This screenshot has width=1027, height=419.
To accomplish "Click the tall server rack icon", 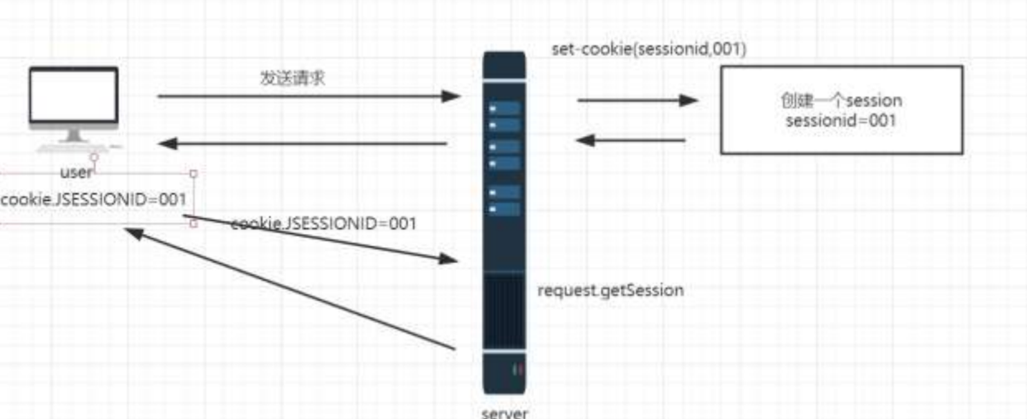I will [504, 221].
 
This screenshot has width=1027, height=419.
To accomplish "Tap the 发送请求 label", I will [292, 79].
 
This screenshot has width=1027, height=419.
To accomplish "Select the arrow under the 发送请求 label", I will [308, 96].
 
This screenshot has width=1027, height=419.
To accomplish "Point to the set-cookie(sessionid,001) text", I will [649, 50].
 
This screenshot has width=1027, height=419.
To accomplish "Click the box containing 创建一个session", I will [841, 109].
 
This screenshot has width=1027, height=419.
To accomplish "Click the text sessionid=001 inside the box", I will [841, 121].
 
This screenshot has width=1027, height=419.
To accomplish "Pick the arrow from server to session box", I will [637, 101].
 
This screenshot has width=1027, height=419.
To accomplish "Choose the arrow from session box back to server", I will [631, 140].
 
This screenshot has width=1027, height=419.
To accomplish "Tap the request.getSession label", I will [611, 290].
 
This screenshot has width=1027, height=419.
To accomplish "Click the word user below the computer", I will [76, 173].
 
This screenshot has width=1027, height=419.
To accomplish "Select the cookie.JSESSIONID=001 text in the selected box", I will [94, 199].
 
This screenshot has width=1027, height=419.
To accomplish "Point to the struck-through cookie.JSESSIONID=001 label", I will [324, 224].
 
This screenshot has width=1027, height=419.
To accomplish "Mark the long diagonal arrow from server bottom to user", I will [290, 289].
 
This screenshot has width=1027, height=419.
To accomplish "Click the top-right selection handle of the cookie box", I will [193, 174].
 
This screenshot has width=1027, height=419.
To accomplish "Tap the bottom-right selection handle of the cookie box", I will [193, 224].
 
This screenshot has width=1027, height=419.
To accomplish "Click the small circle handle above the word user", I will [94, 157].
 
